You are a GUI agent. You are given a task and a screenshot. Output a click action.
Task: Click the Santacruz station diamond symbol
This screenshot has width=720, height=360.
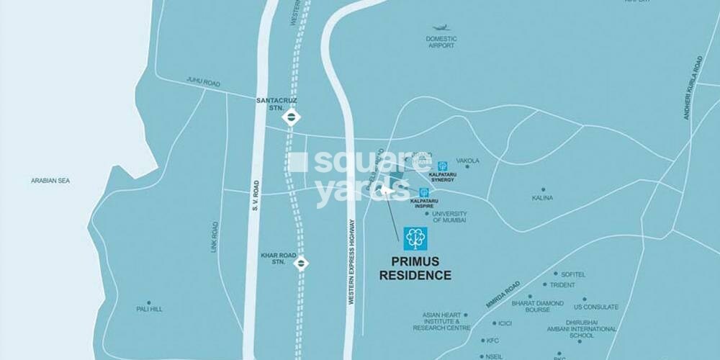tap(290, 116)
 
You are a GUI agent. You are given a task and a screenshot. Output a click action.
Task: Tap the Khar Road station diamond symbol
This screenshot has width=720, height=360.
tap(302, 264)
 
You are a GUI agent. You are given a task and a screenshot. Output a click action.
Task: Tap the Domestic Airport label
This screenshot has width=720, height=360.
tap(441, 42)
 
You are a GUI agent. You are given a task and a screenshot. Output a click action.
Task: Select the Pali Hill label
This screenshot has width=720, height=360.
tap(149, 309)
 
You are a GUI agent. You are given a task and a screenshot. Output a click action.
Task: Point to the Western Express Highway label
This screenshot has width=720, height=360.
tap(351, 263)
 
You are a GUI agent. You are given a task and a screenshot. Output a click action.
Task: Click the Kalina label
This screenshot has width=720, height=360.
tap(543, 197)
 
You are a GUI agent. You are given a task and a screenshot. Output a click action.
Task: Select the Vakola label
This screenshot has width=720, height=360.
tap(468, 161)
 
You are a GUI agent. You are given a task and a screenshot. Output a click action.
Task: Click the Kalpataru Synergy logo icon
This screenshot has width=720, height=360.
tap(442, 166)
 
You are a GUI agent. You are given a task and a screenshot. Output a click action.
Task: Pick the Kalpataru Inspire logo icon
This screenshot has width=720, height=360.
tap(424, 192)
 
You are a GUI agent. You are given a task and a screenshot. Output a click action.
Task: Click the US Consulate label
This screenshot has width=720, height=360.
tap(596, 307)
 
